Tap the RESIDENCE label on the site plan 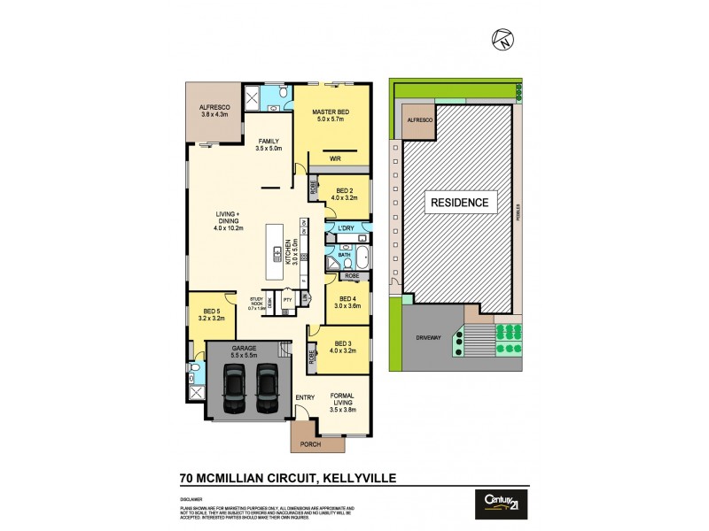pos(459,203)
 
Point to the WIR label pos(335,159)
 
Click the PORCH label pos(310,444)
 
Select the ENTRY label pos(305,397)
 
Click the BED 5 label pos(211,311)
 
